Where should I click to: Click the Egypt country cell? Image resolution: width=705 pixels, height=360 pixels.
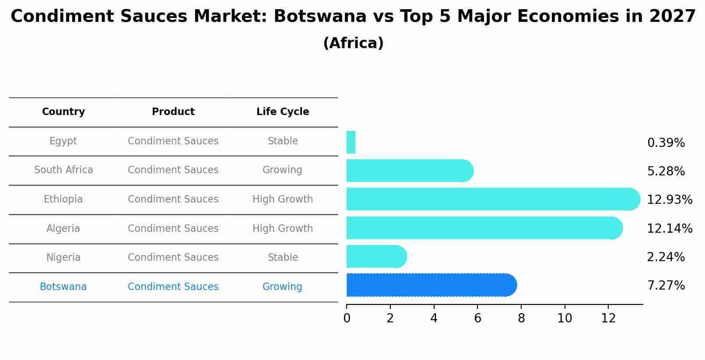pos(63,141)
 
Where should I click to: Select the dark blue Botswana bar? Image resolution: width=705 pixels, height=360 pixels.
pos(431,285)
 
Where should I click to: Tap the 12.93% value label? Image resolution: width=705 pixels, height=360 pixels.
pos(669,200)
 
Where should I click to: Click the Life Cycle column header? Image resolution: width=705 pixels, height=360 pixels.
pos(282,112)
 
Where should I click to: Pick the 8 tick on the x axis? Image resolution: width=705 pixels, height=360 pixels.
pos(521,318)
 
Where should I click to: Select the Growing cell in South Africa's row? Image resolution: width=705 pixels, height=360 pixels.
pos(282,170)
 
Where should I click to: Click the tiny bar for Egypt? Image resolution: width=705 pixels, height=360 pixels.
pos(351,143)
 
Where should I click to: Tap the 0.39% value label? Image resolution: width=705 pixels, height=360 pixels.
pos(666,143)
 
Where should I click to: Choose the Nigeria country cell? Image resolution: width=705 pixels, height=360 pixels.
pos(63,258)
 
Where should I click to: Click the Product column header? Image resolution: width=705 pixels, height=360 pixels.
pos(173,112)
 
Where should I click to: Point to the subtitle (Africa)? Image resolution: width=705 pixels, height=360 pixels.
pos(353,43)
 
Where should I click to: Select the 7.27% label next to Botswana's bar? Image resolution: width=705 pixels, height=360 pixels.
pos(666,286)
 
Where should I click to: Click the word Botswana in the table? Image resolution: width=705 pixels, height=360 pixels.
pos(63,287)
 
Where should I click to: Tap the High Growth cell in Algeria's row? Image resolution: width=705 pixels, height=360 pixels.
pos(282,229)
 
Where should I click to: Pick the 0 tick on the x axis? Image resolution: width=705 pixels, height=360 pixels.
pos(347,318)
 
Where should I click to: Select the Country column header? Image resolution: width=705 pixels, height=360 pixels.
pos(63,112)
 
